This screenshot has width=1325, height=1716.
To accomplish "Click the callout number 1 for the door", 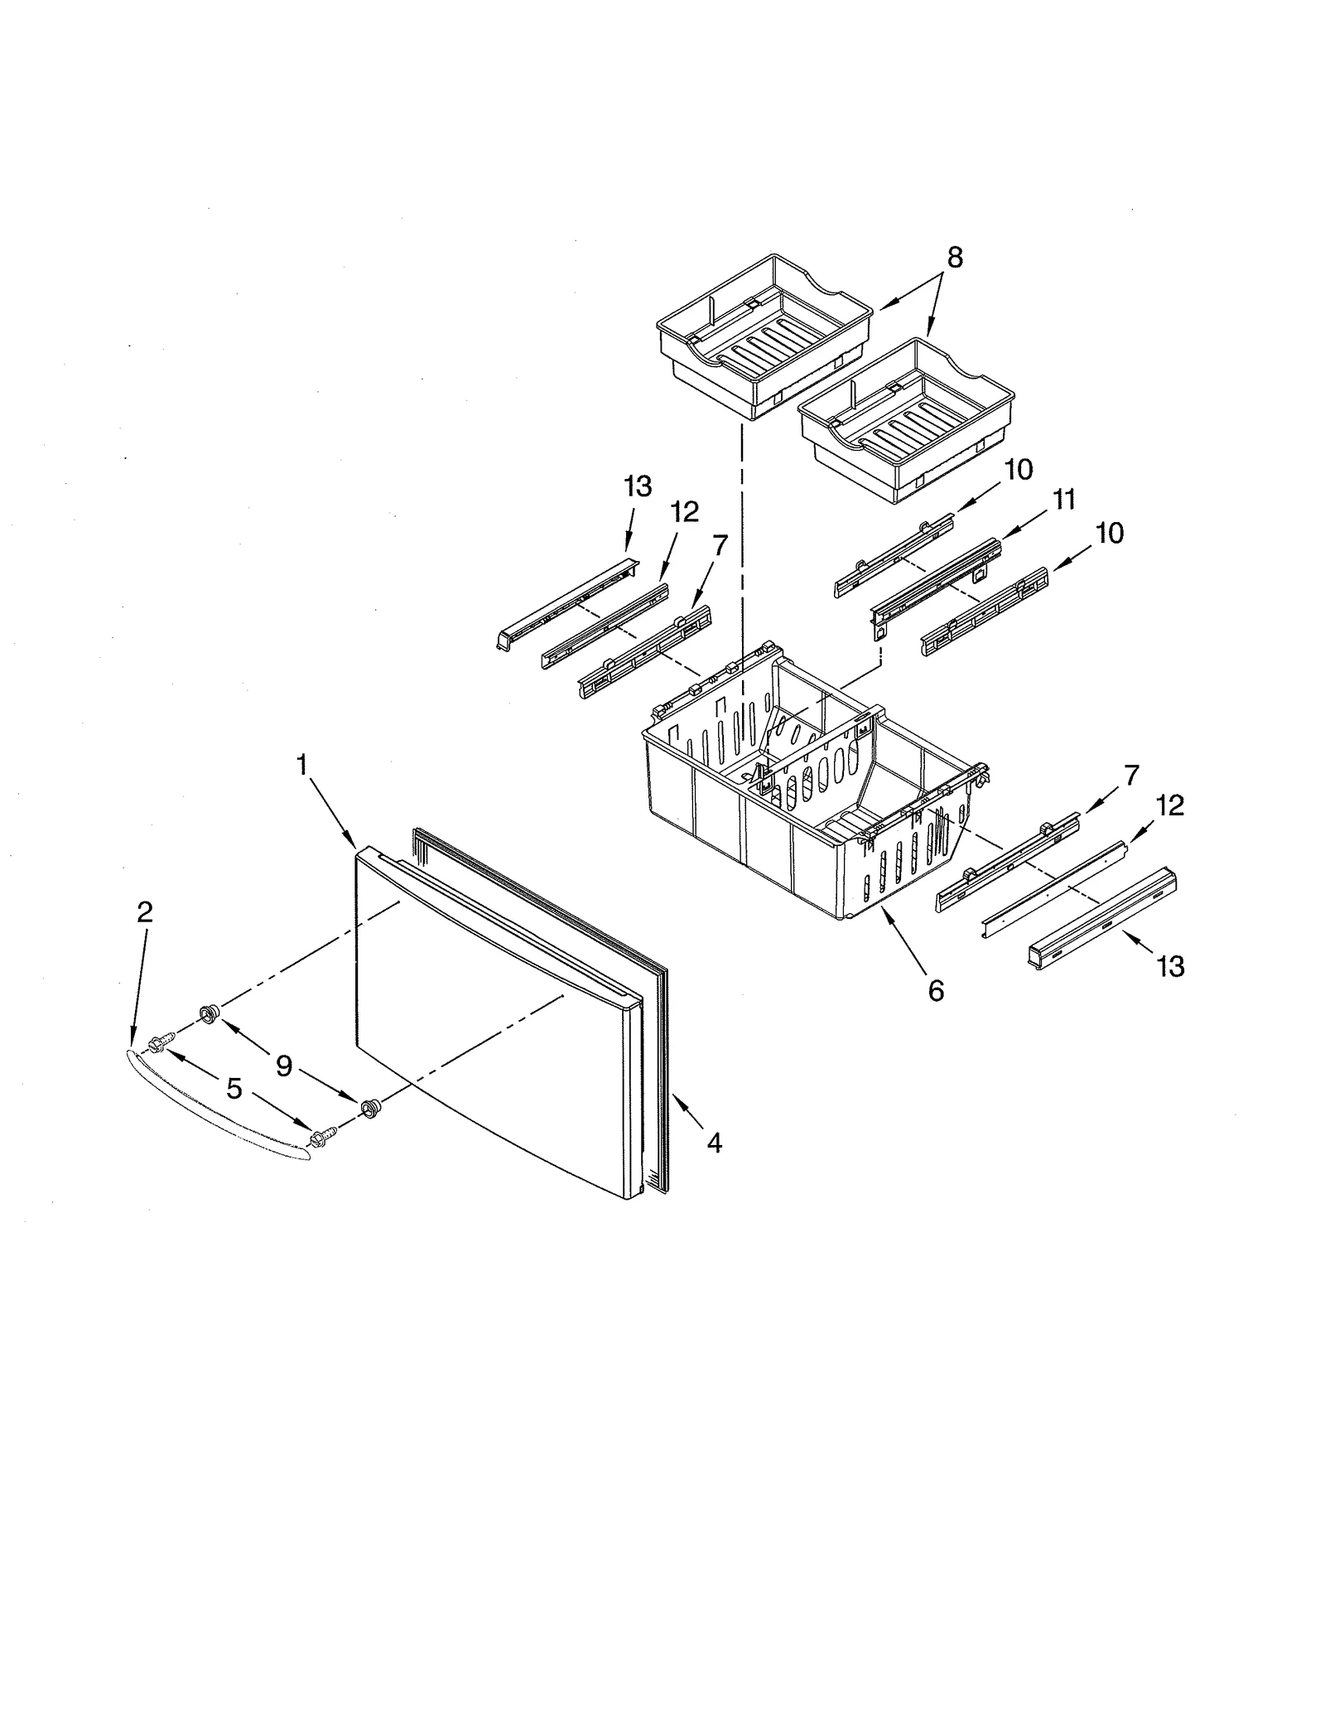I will pos(302,764).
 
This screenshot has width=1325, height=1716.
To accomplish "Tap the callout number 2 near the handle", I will pos(145,912).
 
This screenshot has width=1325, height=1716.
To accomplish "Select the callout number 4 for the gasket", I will pos(715,1143).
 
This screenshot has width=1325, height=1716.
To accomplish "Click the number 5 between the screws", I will pos(234,1089).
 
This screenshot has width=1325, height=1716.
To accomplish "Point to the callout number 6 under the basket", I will pos(936,990).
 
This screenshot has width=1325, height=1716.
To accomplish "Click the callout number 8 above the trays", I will pos(955,258).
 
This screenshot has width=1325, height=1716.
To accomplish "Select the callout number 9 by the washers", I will pos(284,1066).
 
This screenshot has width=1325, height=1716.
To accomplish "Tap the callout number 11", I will pos(1064,500).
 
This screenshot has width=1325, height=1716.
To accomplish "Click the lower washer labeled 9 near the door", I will pos(369,1106).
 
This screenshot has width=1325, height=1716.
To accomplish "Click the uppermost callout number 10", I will pos(1019,470).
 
